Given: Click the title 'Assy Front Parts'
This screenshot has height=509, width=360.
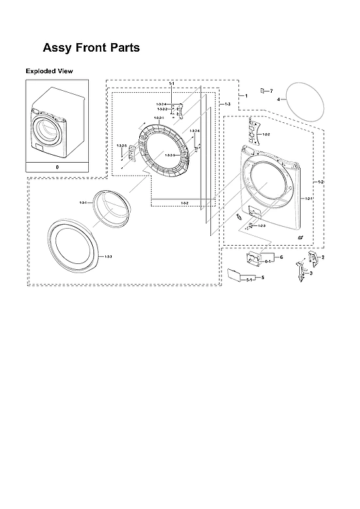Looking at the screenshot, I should coord(91,48).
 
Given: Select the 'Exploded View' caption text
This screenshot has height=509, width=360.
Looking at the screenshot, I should coord(49,71).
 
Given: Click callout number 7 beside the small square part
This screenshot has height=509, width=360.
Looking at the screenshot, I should coord(271,90).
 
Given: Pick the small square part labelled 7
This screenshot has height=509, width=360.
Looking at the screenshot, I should coord(263,90).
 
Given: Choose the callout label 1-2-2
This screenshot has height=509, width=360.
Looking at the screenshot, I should coord(266,135).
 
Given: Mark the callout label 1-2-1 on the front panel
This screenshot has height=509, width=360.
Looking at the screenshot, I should coord(309,198).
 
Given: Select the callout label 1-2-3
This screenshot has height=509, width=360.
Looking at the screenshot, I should coord(261,225).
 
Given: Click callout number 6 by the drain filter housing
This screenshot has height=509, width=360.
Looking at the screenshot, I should coord(281,257).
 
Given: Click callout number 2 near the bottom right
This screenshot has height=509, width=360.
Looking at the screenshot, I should coord(323,258).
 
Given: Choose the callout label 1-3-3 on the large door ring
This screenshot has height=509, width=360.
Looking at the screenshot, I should coord(108,257).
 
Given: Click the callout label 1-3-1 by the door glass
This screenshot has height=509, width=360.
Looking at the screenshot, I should coord(83,205).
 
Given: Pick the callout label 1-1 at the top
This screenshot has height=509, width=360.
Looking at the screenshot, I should coord(171,84).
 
